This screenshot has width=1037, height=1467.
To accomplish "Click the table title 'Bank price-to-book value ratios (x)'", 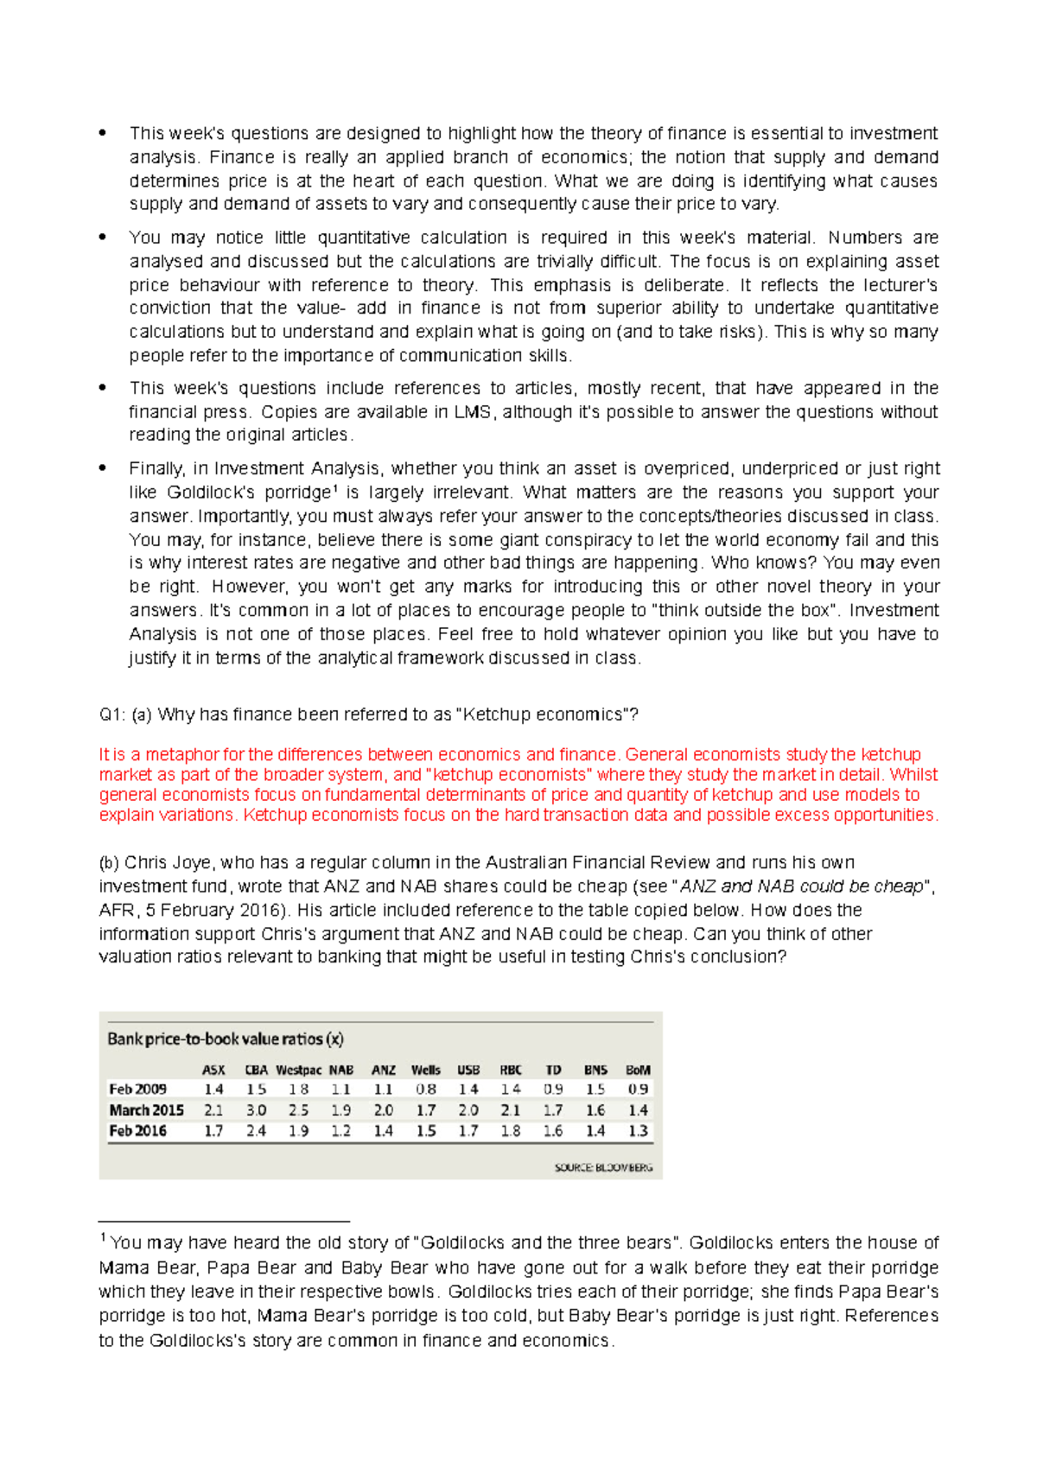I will (x=225, y=1038).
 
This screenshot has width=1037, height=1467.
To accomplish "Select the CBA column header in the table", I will (x=256, y=1070).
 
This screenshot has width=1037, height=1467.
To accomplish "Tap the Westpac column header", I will (x=298, y=1070).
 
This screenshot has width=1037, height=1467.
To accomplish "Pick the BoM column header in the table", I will (x=638, y=1070).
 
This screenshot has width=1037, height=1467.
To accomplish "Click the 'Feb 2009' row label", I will (x=137, y=1089).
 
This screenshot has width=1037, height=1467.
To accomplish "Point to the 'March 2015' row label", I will (x=146, y=1110).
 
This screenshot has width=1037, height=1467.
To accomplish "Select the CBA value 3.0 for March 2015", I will (x=256, y=1110).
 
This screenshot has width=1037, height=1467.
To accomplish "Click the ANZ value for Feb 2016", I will (x=383, y=1131).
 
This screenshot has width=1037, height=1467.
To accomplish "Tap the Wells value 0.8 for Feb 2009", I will (x=425, y=1089).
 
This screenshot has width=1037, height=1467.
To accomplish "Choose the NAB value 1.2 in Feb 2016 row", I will (x=340, y=1131).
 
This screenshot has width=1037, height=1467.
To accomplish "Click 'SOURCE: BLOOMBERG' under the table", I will (x=603, y=1168).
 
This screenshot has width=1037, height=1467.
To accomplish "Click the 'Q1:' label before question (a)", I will (x=112, y=714).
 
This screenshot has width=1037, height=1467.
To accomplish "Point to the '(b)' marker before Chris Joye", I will (x=109, y=863).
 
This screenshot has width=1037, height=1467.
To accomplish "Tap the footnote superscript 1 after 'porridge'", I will (x=334, y=489).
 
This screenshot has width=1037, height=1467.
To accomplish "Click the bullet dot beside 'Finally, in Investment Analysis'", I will (x=103, y=468).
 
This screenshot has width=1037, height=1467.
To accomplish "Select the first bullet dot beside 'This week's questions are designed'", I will (x=103, y=133).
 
